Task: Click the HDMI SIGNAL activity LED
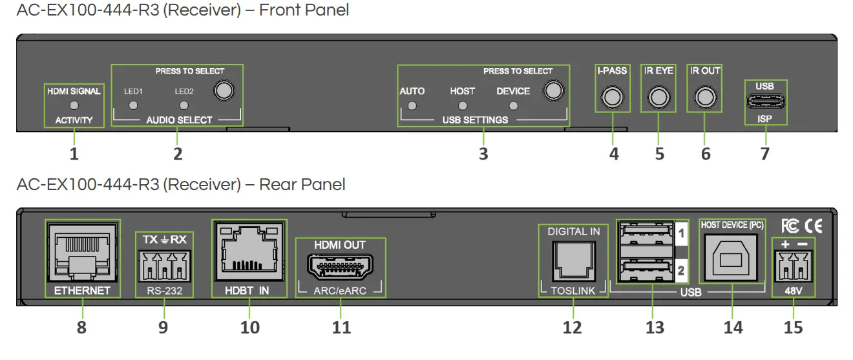[74, 105]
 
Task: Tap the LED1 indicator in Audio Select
[132, 105]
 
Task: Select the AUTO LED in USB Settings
[412, 106]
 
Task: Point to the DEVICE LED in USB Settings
[513, 106]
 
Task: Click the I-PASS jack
[611, 97]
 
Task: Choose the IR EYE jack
[658, 97]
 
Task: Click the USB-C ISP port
[765, 101]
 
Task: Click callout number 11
[341, 328]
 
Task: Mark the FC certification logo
[790, 226]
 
